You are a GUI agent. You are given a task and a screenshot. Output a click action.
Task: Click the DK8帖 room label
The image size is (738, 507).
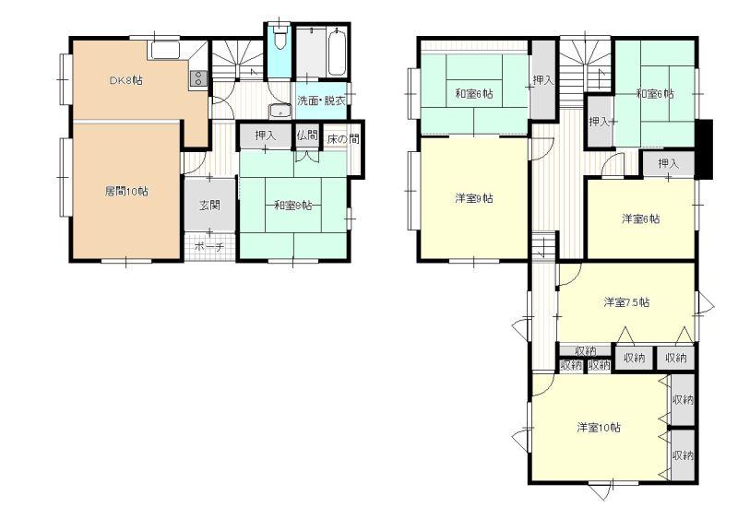click(126, 80)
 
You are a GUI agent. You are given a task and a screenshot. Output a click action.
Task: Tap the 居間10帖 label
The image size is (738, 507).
click(126, 192)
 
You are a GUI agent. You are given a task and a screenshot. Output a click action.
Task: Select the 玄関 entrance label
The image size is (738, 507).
click(210, 206)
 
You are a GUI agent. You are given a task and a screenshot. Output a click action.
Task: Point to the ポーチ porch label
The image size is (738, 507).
click(209, 246)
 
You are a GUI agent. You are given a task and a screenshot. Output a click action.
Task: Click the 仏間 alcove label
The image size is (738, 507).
click(307, 136)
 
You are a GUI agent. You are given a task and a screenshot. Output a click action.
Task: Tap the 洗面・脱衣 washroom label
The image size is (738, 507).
click(321, 100)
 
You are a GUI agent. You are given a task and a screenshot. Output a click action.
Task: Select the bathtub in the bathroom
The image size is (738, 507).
click(337, 52)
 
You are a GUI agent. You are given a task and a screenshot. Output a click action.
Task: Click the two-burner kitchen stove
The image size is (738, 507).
click(198, 78)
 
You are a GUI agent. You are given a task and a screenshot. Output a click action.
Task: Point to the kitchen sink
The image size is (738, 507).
click(165, 50)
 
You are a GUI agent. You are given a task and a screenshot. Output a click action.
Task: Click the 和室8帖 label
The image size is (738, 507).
click(292, 206)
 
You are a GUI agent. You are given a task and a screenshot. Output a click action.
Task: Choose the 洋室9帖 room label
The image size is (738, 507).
click(474, 198)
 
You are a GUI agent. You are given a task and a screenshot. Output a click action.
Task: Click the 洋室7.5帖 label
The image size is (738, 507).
click(626, 302)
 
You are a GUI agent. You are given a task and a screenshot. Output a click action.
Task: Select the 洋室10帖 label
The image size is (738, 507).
click(599, 428)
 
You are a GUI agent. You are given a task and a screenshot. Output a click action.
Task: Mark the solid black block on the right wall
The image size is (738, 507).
click(704, 149)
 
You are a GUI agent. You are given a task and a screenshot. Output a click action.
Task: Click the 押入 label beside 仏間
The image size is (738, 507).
click(266, 136)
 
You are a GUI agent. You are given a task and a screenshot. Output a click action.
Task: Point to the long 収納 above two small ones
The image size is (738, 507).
click(586, 351)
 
